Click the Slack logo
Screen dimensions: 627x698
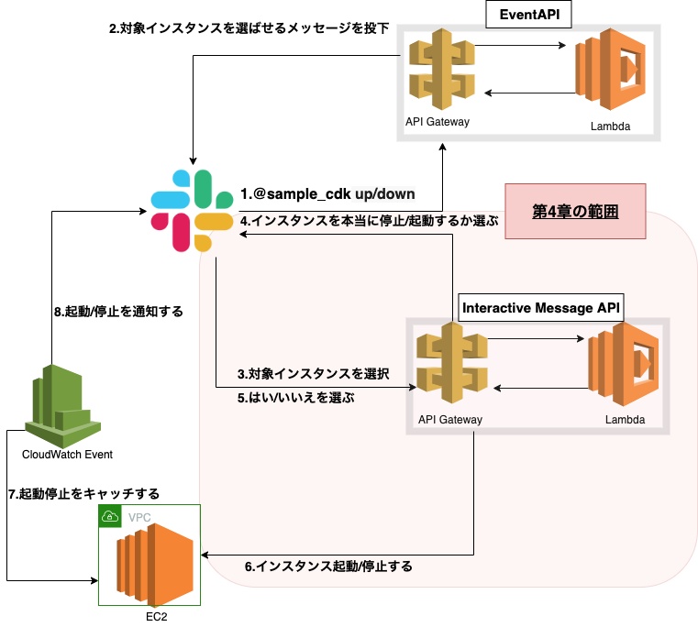[192, 211]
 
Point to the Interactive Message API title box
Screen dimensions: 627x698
[541, 308]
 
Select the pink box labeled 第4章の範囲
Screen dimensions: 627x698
[575, 211]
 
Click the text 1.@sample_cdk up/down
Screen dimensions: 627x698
[327, 194]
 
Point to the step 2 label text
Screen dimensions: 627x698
[249, 28]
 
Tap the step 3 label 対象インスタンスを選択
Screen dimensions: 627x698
[314, 374]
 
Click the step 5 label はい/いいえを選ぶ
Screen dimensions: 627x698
[295, 399]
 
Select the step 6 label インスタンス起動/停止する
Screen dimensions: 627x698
[327, 566]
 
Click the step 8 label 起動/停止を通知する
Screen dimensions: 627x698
[118, 312]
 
